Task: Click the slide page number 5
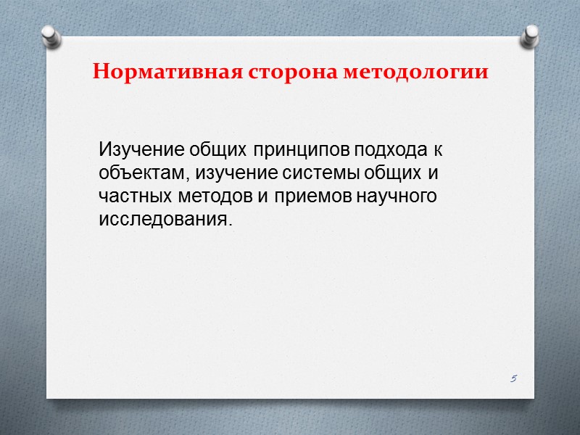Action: pyautogui.click(x=513, y=378)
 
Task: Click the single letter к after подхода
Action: pyautogui.click(x=437, y=151)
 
